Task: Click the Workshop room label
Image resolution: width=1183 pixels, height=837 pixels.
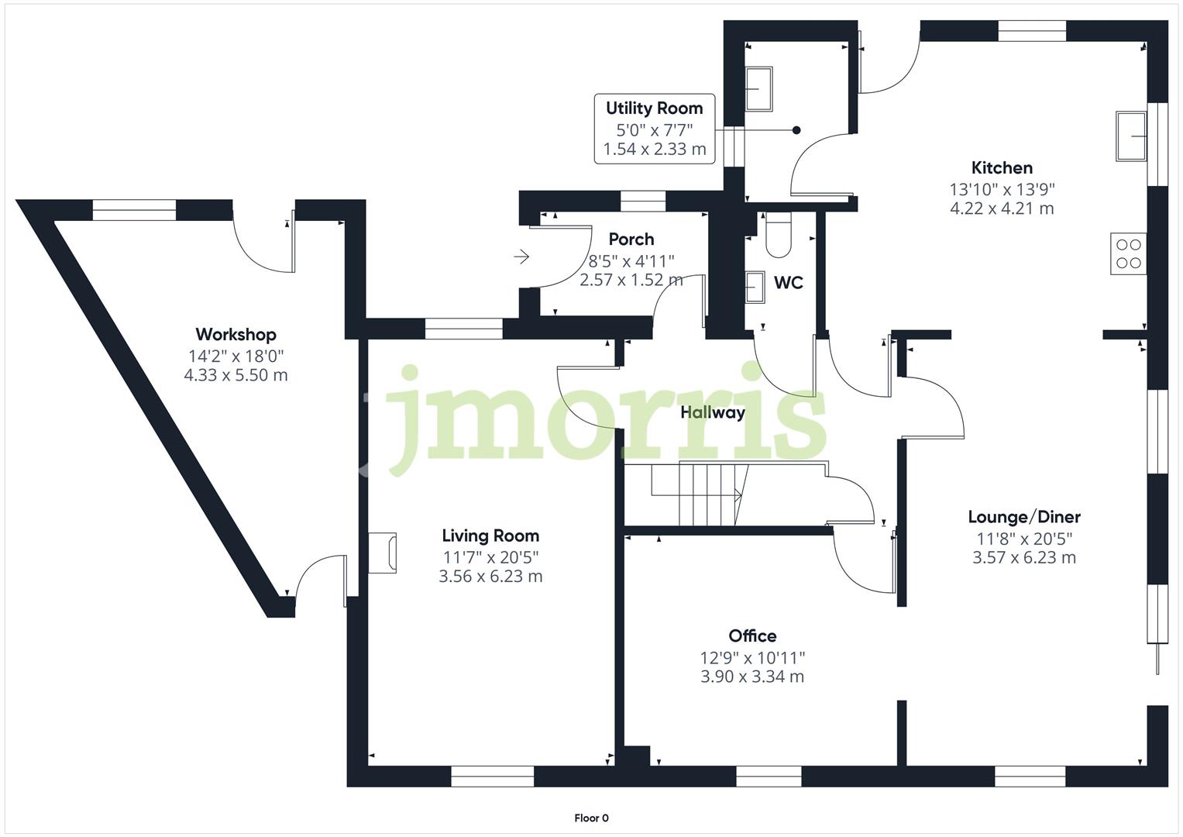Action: pos(236,335)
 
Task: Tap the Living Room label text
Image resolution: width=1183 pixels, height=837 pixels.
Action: pos(490,536)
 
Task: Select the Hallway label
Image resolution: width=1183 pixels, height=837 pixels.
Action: pos(712,412)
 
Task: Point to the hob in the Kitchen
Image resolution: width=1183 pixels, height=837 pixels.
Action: pos(1128,253)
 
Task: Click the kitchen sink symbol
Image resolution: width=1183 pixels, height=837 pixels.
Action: pos(1131,136)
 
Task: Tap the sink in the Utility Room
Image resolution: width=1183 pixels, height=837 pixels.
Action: pos(758,89)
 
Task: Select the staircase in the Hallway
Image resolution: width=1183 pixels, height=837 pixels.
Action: pos(697,494)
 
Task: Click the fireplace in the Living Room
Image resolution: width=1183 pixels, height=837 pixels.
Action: pos(383,553)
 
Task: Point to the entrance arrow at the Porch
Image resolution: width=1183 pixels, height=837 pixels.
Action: pos(521,256)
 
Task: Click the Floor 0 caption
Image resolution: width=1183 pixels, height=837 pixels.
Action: pos(591,818)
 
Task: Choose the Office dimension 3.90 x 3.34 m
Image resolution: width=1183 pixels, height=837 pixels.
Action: pos(751,677)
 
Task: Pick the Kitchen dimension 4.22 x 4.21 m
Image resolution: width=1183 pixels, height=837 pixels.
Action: pos(1002,208)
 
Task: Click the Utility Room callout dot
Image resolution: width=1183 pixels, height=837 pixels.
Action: pos(796,130)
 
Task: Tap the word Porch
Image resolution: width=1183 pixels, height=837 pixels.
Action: pos(631,239)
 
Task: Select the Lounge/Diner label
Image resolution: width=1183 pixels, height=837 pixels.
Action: pos(1023,517)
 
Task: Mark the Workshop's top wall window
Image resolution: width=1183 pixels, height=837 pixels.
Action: pos(134,209)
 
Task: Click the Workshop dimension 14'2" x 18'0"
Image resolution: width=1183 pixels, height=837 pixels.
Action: pos(236,356)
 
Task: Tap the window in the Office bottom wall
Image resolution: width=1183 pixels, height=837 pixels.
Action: pos(768,776)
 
